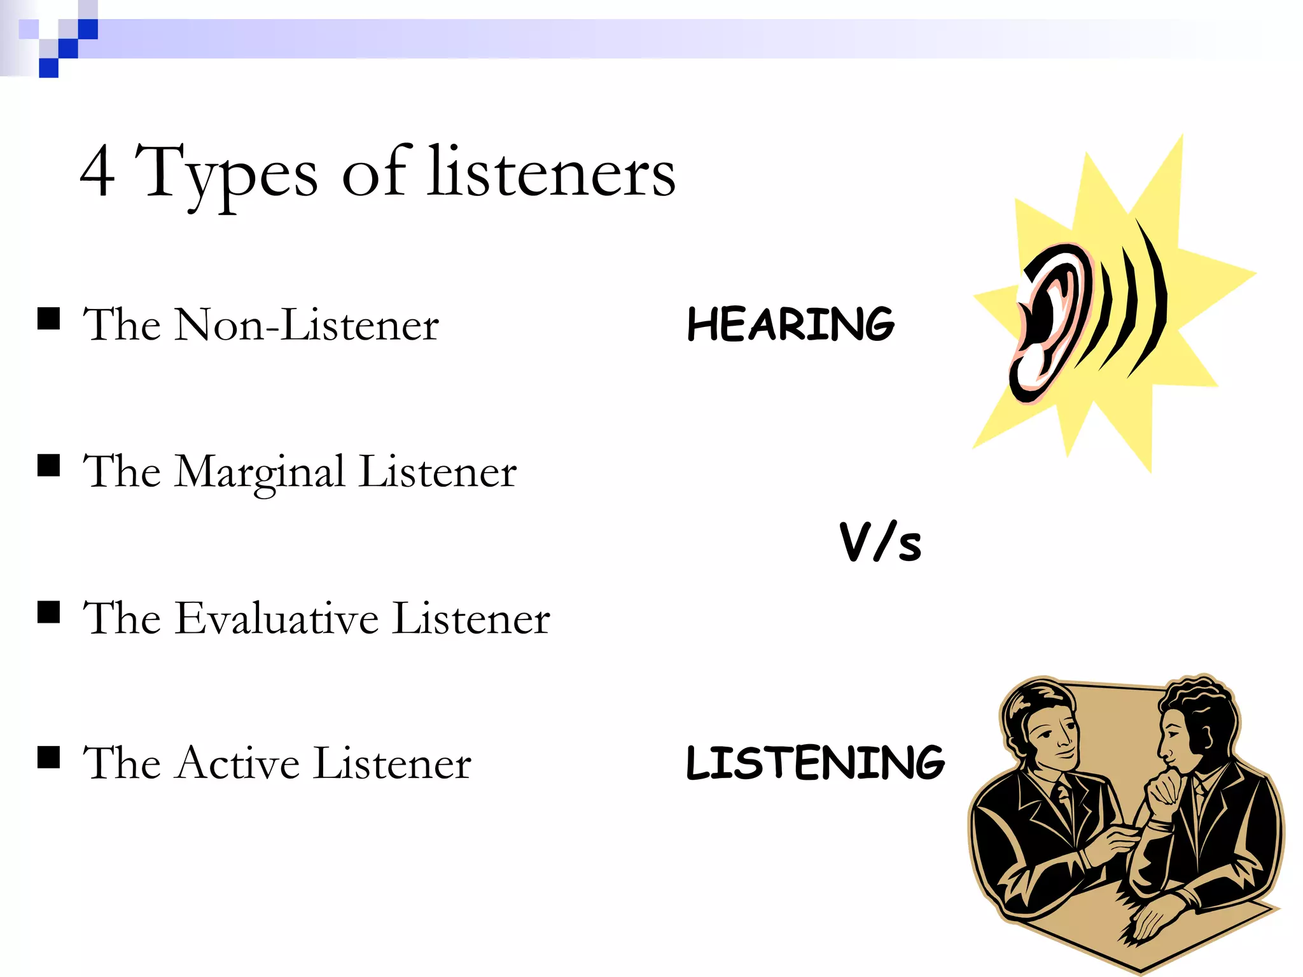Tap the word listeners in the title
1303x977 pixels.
[x=551, y=172]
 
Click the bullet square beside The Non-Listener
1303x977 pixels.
[x=49, y=319]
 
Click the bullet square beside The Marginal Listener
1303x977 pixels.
[x=49, y=465]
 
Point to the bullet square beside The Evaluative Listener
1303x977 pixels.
[x=49, y=612]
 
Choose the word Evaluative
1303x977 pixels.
[x=277, y=618]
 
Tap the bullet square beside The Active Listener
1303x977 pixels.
[x=49, y=758]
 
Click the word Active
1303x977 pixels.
[x=239, y=763]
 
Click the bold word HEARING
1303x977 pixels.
[x=791, y=324]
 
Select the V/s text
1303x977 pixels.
[x=880, y=542]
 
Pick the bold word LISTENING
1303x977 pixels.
[x=815, y=763]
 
